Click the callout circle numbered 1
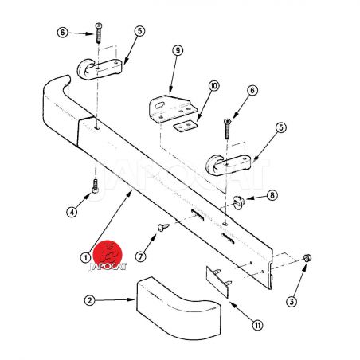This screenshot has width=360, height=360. [85, 257]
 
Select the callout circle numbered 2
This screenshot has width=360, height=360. [90, 300]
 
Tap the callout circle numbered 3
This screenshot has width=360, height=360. [292, 302]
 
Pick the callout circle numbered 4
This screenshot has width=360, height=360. [72, 212]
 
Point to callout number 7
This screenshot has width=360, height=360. [141, 256]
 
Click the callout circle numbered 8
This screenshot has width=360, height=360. [272, 195]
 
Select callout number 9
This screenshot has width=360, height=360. [178, 50]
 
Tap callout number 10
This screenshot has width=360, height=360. [213, 86]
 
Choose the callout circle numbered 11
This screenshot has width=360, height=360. [257, 325]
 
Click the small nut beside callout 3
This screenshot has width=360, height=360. [307, 258]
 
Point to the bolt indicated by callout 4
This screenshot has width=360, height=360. [96, 186]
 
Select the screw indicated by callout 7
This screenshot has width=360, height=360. [163, 227]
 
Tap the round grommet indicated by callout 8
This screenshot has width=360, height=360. [238, 202]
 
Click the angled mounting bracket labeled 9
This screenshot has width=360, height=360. [173, 109]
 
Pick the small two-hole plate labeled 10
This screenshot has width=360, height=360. [186, 126]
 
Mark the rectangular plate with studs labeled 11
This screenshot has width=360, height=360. [218, 282]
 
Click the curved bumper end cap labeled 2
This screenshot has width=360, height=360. [178, 308]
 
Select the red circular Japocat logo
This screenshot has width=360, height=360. [109, 254]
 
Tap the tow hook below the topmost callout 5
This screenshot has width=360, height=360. [100, 69]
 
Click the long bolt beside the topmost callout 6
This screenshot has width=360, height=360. [99, 33]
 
